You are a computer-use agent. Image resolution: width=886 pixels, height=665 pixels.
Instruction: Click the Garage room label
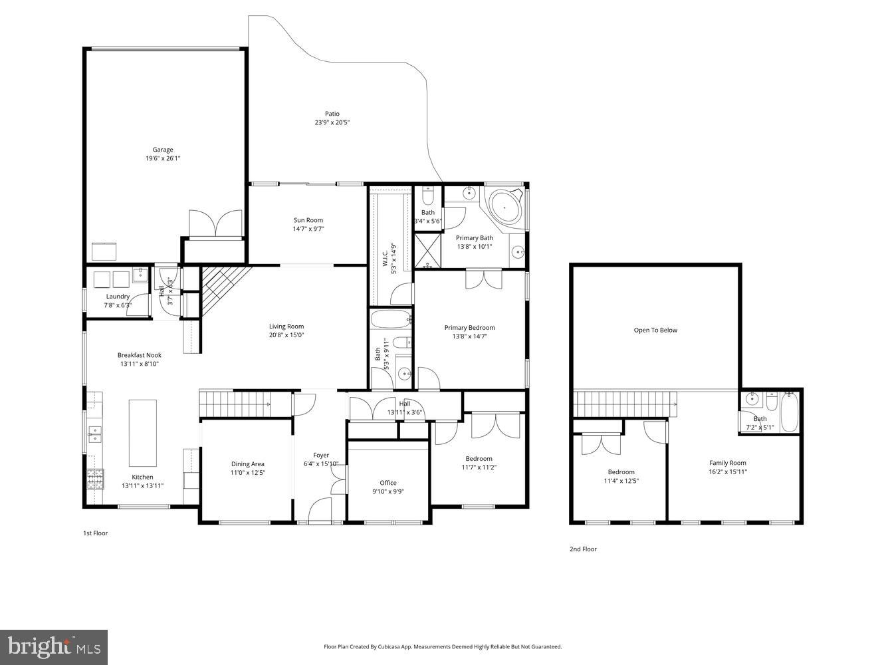pyautogui.click(x=163, y=150)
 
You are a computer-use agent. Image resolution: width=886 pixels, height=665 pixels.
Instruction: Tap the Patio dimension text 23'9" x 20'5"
pyautogui.click(x=332, y=122)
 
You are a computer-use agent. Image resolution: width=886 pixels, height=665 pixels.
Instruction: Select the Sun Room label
pyautogui.click(x=308, y=220)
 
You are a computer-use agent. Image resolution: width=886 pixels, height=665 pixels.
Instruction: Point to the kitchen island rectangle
pyautogui.click(x=142, y=433)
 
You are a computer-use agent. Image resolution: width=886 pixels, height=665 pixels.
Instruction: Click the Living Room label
pyautogui.click(x=286, y=326)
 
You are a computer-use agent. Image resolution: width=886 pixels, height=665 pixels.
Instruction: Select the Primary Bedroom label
pyautogui.click(x=469, y=327)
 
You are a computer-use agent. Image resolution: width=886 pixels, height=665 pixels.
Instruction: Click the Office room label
pyautogui.click(x=388, y=483)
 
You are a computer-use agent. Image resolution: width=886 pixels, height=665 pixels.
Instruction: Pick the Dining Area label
pyautogui.click(x=248, y=464)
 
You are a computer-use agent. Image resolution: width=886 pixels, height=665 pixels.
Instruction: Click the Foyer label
pyautogui.click(x=321, y=456)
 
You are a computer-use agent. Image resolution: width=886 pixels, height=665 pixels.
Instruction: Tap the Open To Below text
pyautogui.click(x=655, y=330)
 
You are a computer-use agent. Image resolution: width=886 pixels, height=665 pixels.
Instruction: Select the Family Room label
pyautogui.click(x=728, y=463)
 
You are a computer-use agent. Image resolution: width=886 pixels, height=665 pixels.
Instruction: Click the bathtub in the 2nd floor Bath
pyautogui.click(x=790, y=412)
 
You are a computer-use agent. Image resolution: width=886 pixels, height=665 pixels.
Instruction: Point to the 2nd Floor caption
pyautogui.click(x=583, y=549)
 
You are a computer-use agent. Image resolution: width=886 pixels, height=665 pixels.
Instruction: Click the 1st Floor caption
pyautogui.click(x=95, y=533)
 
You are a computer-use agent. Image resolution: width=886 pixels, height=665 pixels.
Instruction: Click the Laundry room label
pyautogui.click(x=118, y=297)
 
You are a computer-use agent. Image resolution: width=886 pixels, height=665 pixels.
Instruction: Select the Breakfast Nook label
pyautogui.click(x=140, y=355)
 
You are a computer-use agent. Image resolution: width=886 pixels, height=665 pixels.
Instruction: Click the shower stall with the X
pyautogui.click(x=428, y=250)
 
